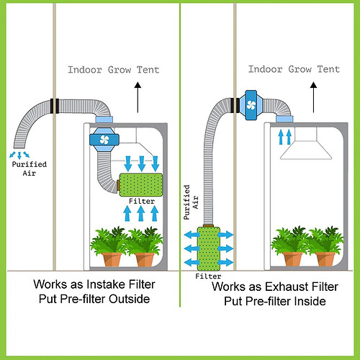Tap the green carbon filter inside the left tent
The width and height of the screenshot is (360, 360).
tap(138, 184)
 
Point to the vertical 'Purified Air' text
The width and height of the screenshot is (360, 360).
tap(189, 203)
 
